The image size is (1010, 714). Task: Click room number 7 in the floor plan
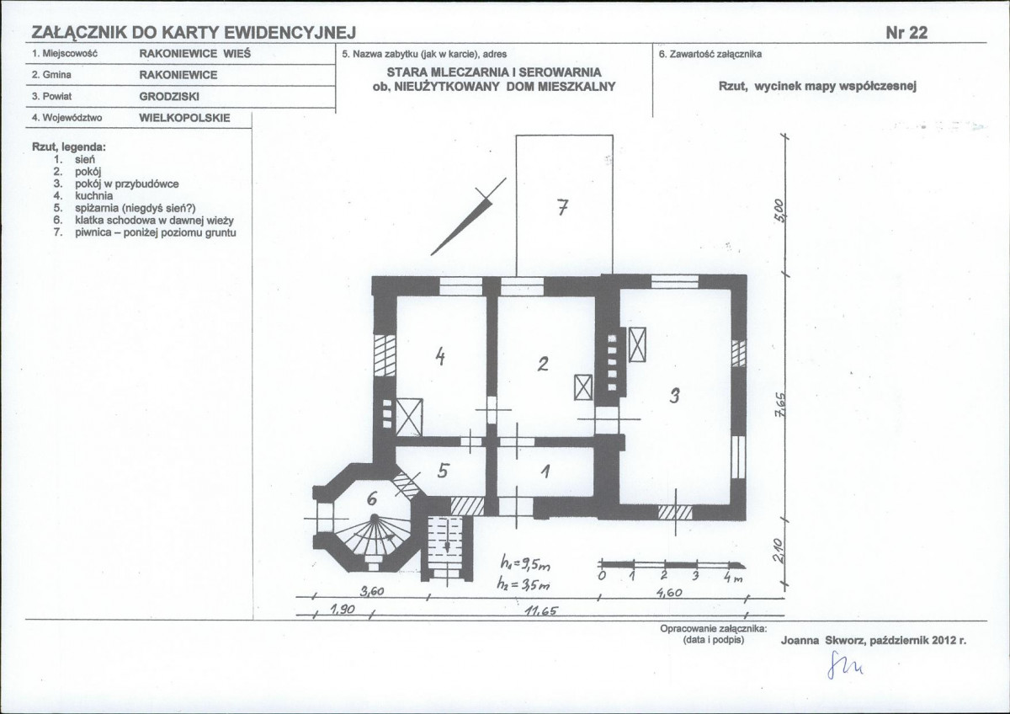[562, 208]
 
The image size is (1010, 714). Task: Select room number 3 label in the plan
[674, 396]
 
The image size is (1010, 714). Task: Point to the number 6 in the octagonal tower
[372, 498]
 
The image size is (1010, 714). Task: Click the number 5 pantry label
[443, 471]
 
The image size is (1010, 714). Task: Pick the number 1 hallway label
[545, 472]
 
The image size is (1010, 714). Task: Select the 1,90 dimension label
[343, 610]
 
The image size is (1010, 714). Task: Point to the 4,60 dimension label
[668, 593]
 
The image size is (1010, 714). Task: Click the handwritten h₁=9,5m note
[525, 564]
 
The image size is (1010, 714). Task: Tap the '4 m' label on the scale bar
[733, 578]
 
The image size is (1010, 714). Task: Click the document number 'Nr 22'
[906, 33]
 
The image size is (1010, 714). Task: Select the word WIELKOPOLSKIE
[184, 118]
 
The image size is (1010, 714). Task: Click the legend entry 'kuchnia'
[93, 195]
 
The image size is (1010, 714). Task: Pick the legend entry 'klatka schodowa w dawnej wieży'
[154, 221]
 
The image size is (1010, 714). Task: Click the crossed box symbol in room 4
[409, 418]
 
